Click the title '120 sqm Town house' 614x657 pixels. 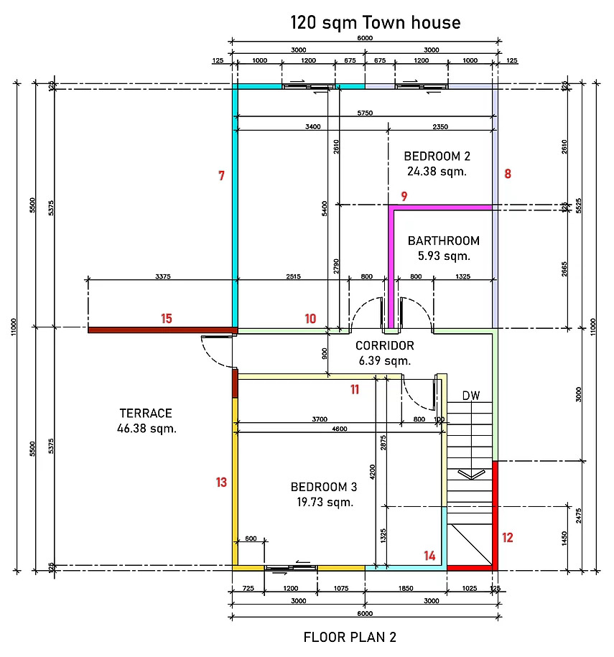376,23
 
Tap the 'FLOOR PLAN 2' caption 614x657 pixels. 350,638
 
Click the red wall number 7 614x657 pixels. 221,176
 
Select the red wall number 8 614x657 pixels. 508,174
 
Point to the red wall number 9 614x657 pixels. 404,196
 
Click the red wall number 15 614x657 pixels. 167,318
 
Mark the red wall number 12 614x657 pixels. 508,538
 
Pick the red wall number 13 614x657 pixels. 221,483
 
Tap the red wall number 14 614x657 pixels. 429,556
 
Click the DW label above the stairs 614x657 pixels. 471,396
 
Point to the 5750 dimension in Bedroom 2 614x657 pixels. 365,113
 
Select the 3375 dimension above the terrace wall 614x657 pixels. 162,276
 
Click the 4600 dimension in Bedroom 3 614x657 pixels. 339,429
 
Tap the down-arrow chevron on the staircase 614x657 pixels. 471,475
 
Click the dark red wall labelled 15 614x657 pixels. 162,330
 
